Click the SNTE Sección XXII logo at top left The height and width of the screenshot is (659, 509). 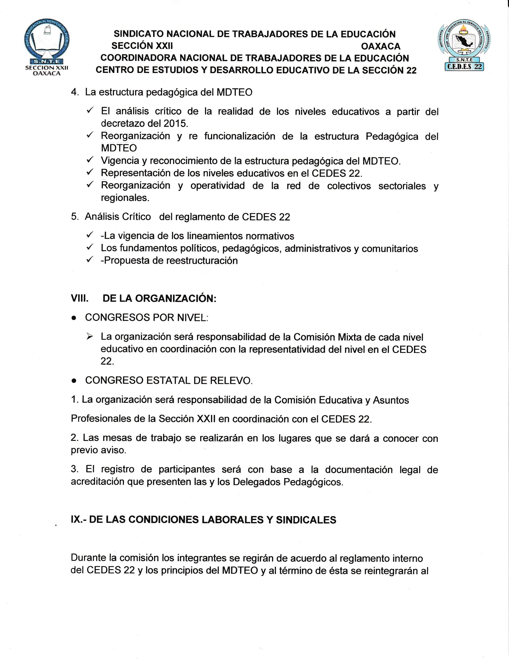tap(47, 50)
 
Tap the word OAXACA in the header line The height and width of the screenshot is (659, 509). tap(381, 46)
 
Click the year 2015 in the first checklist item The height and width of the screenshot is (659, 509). tap(175, 124)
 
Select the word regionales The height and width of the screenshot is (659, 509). tap(125, 198)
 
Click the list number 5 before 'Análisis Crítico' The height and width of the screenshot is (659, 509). tap(74, 217)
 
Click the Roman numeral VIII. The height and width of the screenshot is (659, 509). tap(80, 298)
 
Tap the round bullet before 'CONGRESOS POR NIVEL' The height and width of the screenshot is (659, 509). tap(74, 318)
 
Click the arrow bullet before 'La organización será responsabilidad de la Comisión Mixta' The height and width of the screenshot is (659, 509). tap(90, 337)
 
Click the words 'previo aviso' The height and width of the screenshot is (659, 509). tap(98, 450)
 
